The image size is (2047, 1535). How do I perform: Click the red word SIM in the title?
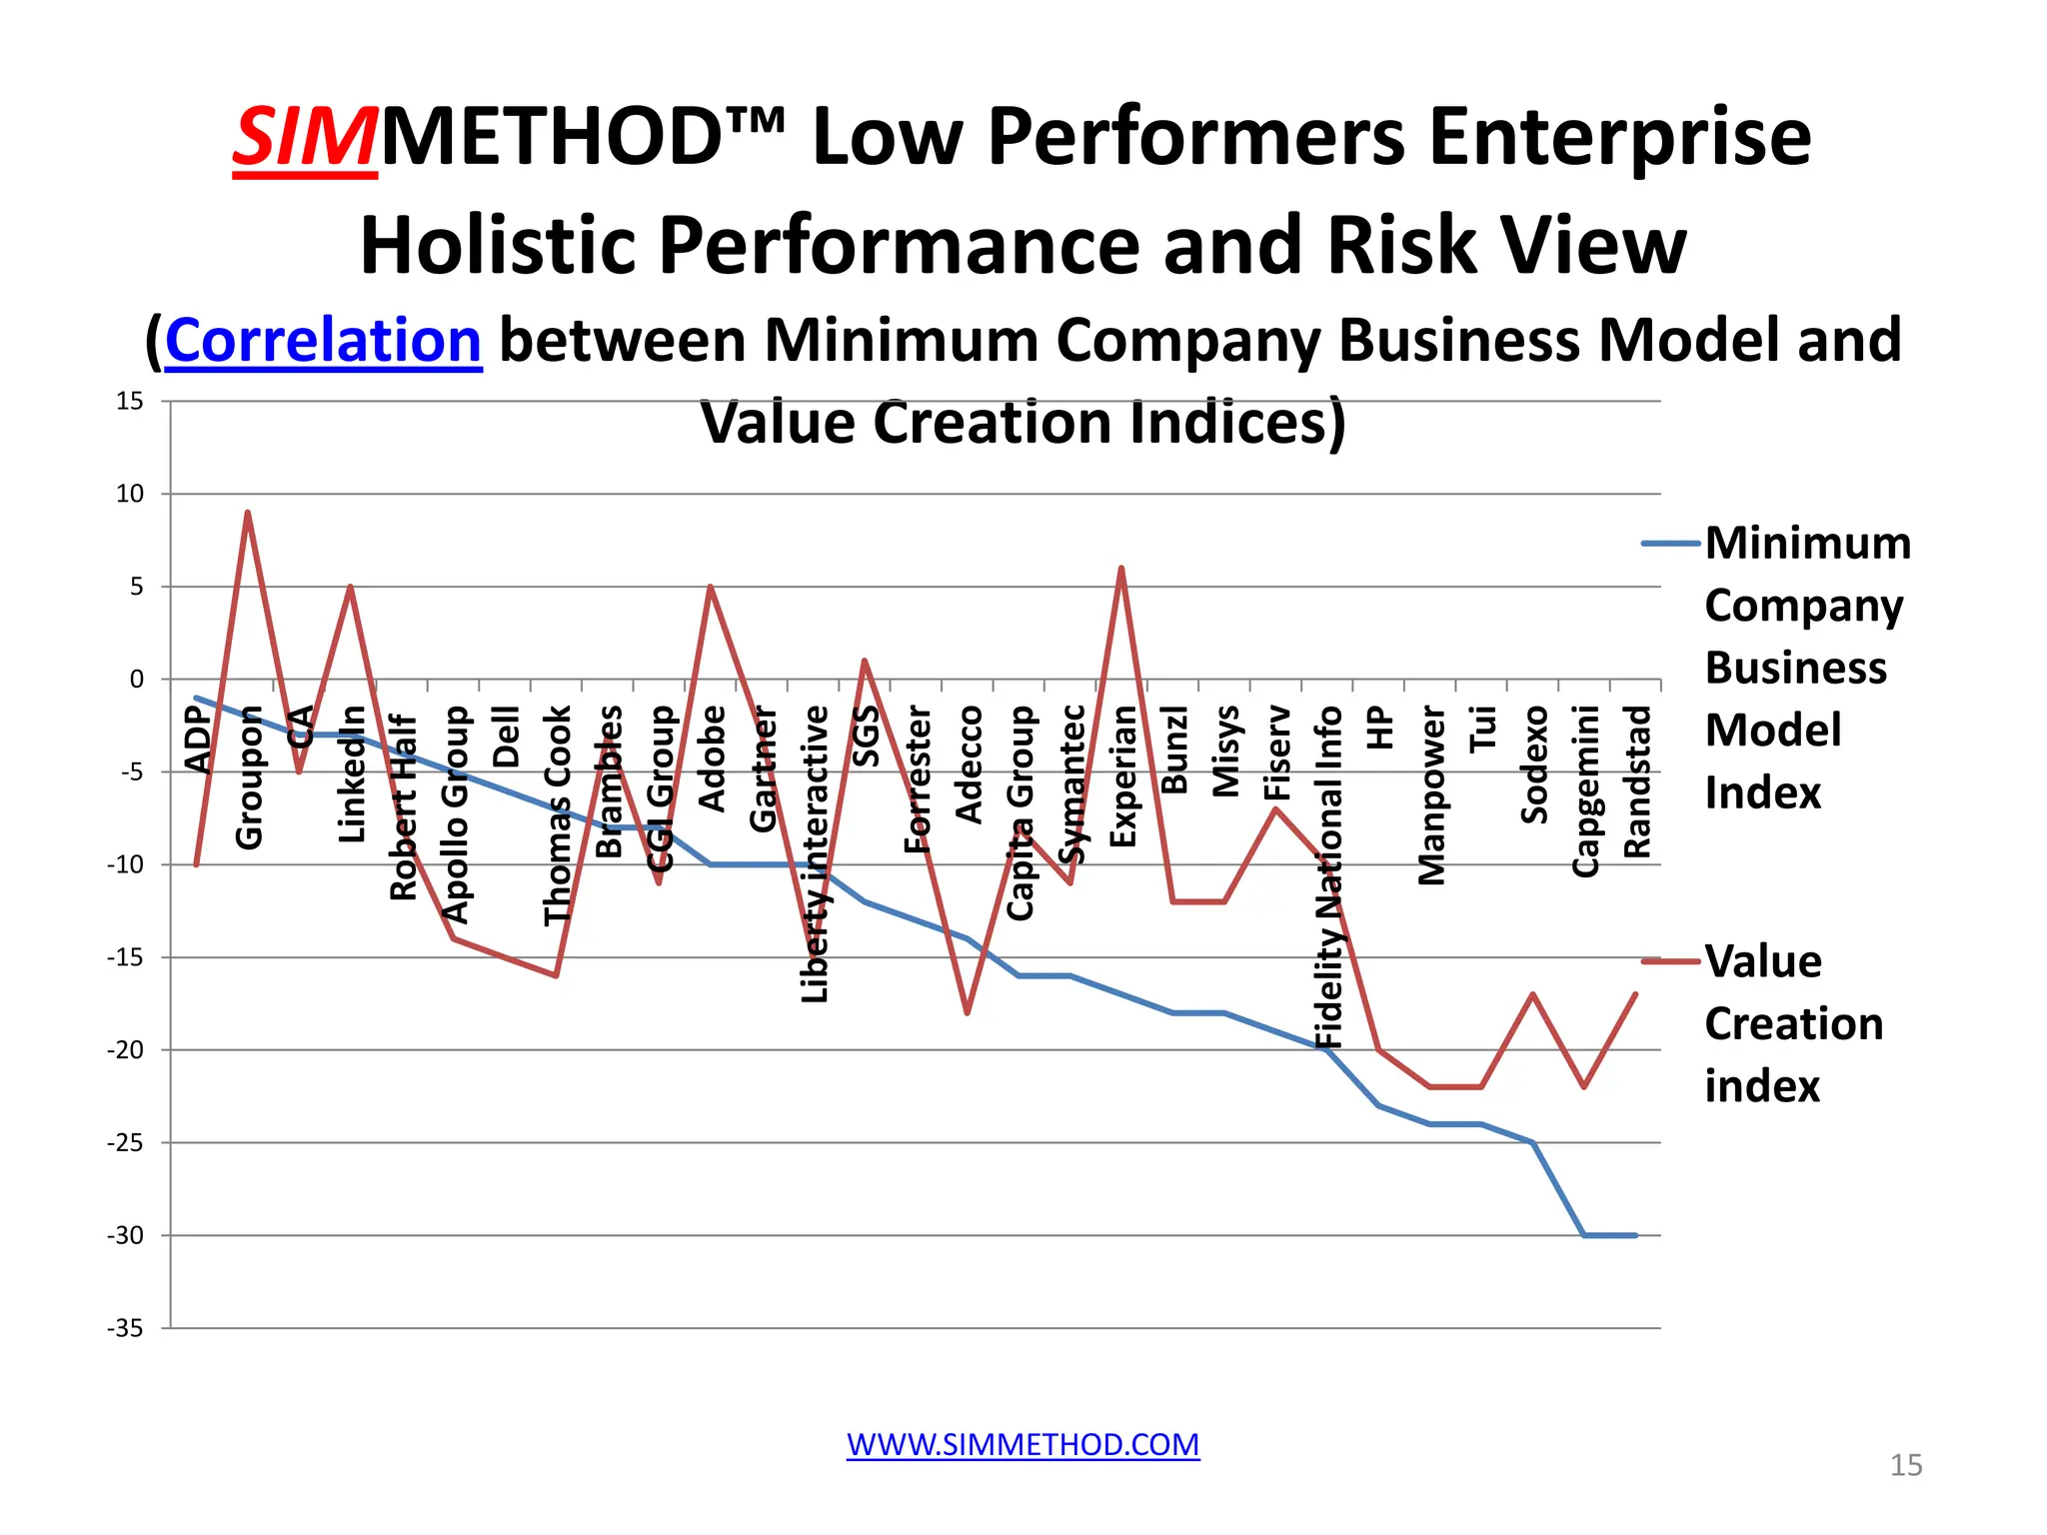point(305,137)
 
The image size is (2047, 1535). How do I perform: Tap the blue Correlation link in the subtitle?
point(323,341)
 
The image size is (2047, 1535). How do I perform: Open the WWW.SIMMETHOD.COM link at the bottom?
point(1023,1444)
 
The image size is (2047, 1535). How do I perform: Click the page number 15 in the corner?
point(1905,1465)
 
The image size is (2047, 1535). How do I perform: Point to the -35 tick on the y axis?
point(126,1328)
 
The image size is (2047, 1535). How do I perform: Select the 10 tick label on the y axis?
point(130,494)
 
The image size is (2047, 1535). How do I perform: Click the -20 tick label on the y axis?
point(126,1050)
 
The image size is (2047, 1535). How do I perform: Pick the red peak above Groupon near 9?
point(248,513)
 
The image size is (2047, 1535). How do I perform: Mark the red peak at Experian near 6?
point(1121,568)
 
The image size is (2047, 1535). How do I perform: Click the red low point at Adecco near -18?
point(968,1013)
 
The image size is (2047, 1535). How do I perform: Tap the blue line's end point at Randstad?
point(1635,1235)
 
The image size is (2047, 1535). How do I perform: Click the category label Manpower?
point(1431,795)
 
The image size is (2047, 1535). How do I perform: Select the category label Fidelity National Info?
point(1328,876)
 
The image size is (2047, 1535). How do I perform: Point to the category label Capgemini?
point(1585,790)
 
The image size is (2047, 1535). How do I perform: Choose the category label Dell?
point(506,737)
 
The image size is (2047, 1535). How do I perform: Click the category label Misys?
point(1225,752)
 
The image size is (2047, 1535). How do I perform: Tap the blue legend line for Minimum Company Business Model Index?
point(1670,544)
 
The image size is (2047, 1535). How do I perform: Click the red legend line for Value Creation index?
point(1670,961)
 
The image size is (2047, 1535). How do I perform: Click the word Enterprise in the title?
point(1619,137)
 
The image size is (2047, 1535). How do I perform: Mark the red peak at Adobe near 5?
point(710,587)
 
